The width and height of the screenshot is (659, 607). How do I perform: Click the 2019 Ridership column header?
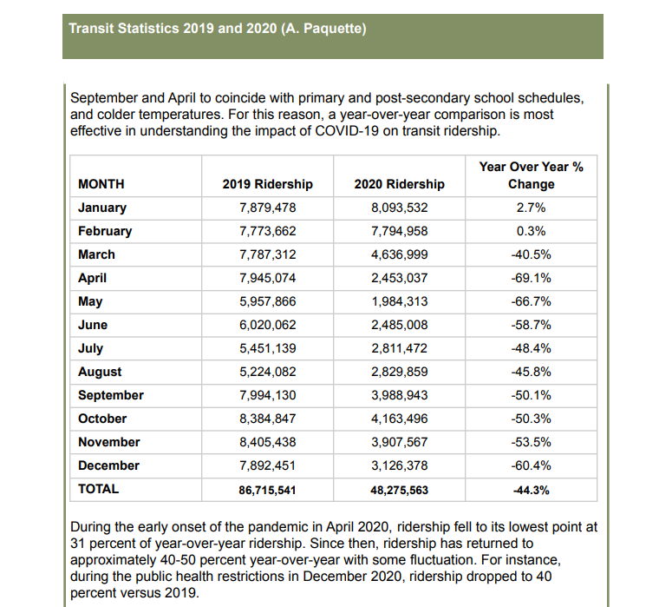(267, 184)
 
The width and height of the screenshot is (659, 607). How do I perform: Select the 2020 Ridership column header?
(399, 184)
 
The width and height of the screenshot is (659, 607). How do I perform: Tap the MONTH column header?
(101, 184)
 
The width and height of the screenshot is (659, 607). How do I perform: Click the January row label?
(102, 208)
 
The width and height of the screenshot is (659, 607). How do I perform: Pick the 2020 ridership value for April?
(399, 278)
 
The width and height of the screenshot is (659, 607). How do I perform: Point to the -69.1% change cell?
(531, 278)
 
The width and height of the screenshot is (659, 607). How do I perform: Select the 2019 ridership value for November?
(267, 442)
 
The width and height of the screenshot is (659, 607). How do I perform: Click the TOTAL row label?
(98, 489)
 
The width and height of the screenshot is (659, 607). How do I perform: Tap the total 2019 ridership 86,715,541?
(267, 490)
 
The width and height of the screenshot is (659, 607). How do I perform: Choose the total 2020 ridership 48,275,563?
(399, 490)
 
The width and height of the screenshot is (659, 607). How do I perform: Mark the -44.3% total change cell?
(531, 490)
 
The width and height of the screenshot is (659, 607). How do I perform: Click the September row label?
(111, 395)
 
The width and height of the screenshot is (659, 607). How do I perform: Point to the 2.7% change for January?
(531, 208)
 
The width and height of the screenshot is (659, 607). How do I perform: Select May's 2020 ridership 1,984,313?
(399, 301)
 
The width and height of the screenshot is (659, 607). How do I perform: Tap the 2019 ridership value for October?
(267, 419)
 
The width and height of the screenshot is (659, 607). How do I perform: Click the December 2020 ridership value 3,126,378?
(399, 465)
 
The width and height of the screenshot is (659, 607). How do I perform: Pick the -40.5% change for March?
(531, 254)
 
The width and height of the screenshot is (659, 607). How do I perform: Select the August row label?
(100, 372)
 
